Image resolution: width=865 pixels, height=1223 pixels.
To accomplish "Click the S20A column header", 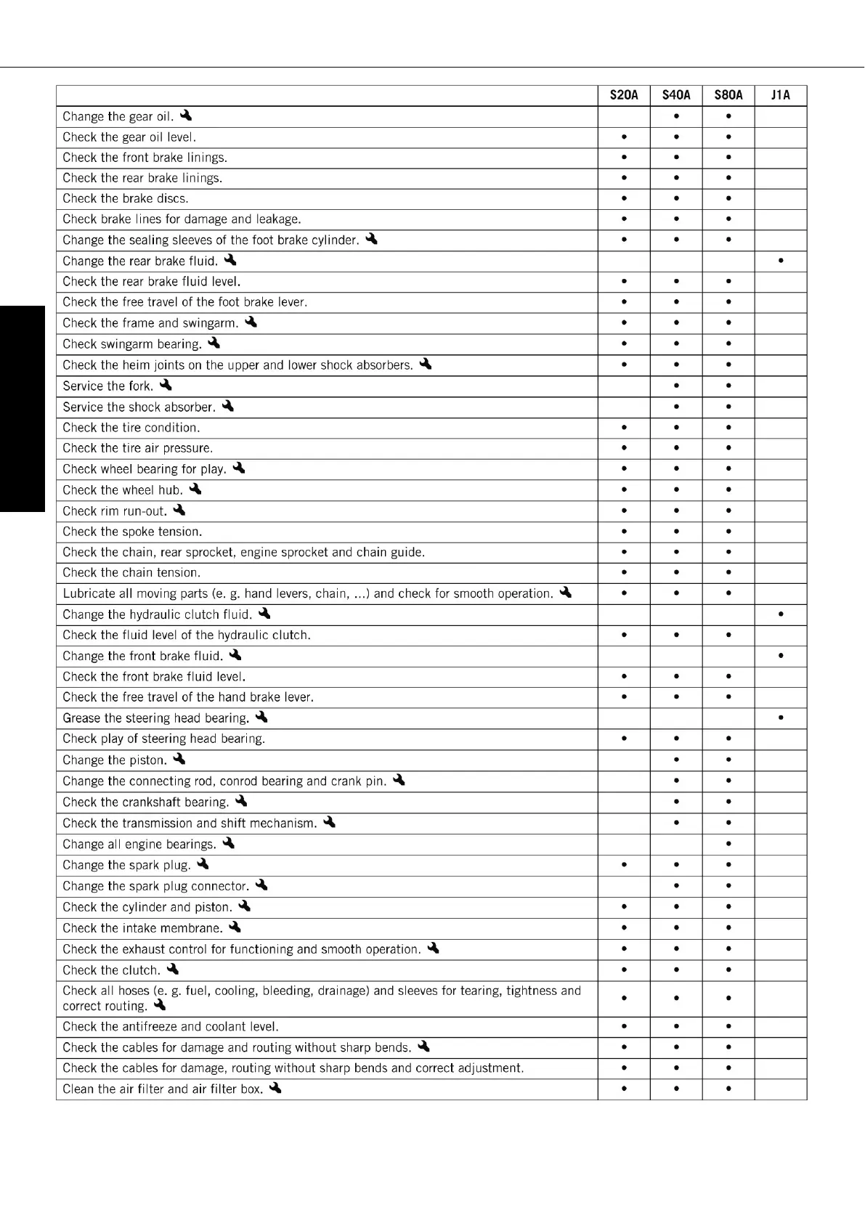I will click(624, 95).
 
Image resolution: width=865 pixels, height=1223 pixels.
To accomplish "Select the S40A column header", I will click(676, 95).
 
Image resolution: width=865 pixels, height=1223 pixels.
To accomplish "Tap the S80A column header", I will click(728, 95).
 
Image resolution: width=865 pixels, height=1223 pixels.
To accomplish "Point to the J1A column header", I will click(781, 95).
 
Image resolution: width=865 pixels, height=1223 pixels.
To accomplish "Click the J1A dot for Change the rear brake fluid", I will click(781, 261).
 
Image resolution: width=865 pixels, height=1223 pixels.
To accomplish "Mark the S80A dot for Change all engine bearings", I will click(728, 845).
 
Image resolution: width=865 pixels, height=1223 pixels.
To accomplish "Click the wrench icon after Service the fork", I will click(166, 386).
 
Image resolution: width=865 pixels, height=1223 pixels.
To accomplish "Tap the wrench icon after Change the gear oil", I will click(186, 115).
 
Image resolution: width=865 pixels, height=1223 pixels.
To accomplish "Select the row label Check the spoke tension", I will click(132, 532).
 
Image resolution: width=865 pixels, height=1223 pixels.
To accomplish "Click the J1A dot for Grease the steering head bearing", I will click(781, 718).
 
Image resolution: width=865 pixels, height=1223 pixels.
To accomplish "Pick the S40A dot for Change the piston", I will click(676, 760).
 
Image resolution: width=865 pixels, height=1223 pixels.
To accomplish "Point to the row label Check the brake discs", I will click(125, 198).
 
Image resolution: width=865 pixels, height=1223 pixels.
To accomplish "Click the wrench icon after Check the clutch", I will click(173, 970).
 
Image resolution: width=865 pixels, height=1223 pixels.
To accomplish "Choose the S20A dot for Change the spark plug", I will click(624, 866).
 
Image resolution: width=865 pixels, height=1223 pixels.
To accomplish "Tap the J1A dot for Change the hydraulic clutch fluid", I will click(781, 614).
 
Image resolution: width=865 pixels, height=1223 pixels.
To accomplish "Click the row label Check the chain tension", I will click(131, 572).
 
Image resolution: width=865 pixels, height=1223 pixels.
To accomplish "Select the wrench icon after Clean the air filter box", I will click(275, 1089).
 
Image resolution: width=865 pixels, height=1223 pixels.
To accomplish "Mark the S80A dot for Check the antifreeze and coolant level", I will click(728, 1027).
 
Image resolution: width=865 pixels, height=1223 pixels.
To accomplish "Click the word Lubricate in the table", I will click(89, 593).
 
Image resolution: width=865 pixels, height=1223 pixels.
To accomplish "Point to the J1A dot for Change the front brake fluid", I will click(781, 656).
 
